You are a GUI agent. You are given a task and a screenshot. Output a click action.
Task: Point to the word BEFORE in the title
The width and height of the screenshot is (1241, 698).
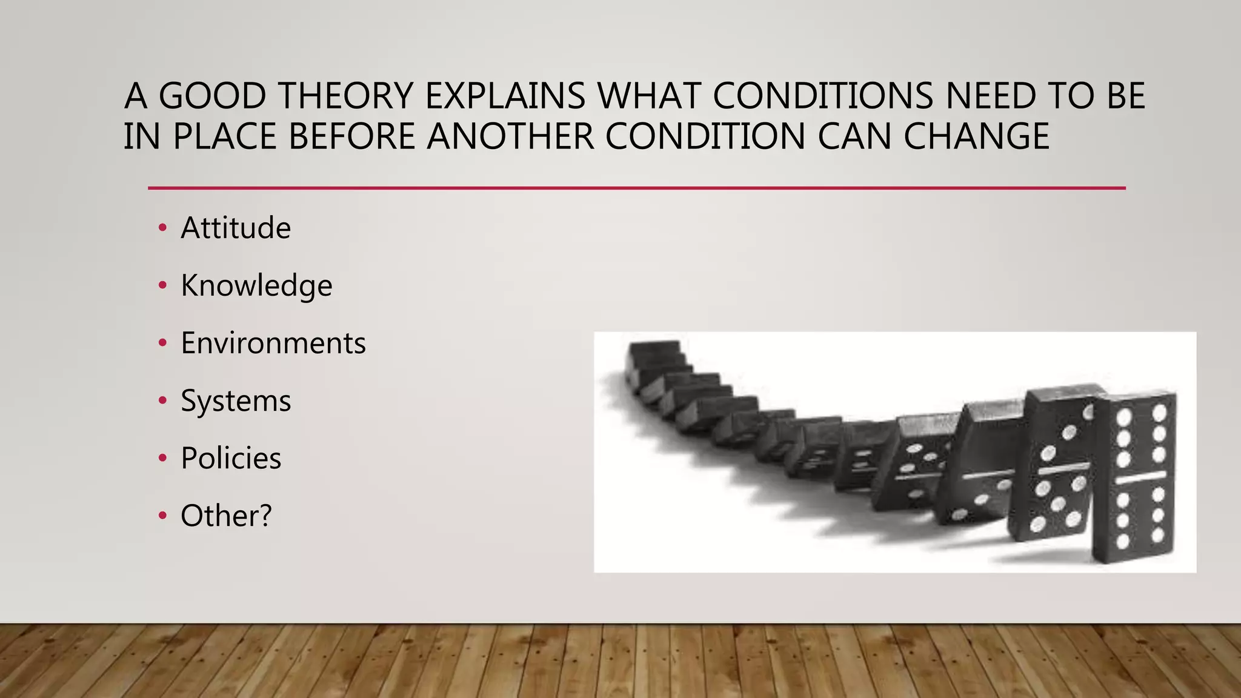tap(351, 136)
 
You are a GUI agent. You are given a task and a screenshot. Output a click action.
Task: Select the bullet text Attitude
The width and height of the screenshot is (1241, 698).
tap(236, 228)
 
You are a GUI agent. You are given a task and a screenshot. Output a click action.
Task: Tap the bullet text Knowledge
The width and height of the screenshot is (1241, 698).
tap(256, 285)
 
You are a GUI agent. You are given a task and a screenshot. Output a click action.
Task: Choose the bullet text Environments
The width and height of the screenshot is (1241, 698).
tap(273, 343)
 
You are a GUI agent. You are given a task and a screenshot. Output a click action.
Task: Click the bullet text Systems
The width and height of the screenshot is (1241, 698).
tap(236, 401)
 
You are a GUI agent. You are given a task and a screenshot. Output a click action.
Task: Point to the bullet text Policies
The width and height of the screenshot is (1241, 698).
tap(231, 458)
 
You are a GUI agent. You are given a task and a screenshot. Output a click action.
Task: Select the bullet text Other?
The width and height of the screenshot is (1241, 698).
tap(226, 516)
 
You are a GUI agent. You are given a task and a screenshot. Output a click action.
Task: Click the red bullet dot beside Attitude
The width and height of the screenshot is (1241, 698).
tap(162, 228)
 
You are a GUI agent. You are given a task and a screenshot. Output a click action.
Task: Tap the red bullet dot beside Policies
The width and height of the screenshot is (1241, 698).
tap(162, 459)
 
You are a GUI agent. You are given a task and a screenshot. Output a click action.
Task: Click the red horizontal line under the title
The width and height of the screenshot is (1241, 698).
tap(636, 188)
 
